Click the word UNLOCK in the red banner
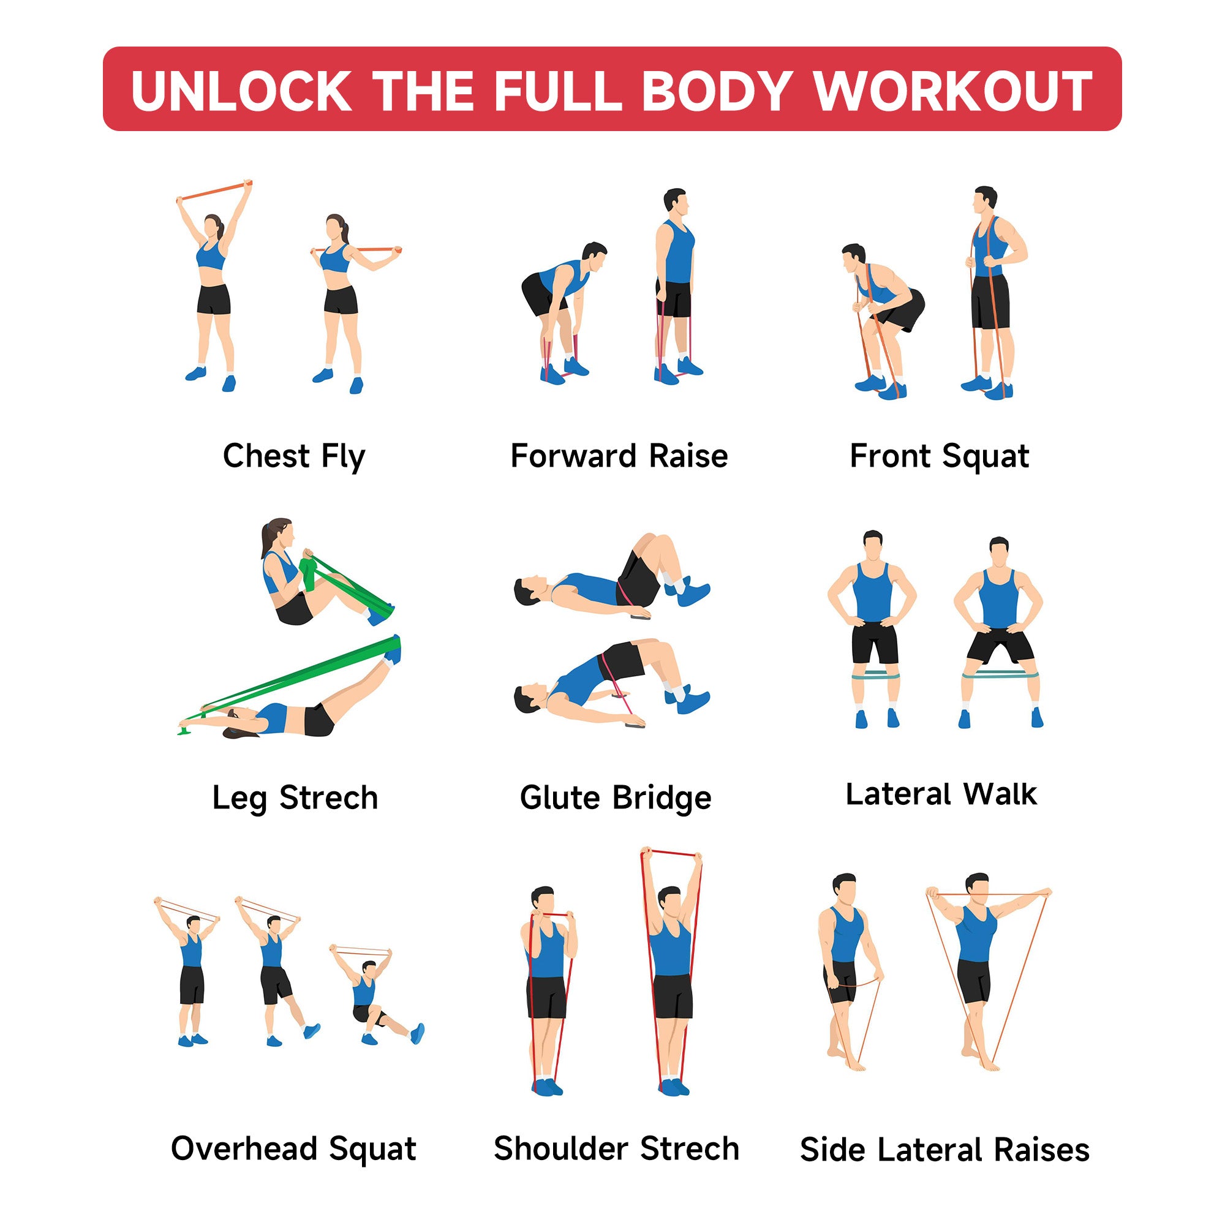[241, 91]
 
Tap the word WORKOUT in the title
[953, 91]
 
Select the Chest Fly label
[294, 456]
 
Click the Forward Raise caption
[619, 456]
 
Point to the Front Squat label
[940, 456]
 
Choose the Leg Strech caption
[295, 797]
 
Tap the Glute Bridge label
[616, 797]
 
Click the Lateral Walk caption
[941, 794]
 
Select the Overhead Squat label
[293, 1148]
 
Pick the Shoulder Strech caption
[616, 1148]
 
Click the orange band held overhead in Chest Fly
[214, 191]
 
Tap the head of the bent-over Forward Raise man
[594, 257]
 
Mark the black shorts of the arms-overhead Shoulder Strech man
[672, 996]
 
